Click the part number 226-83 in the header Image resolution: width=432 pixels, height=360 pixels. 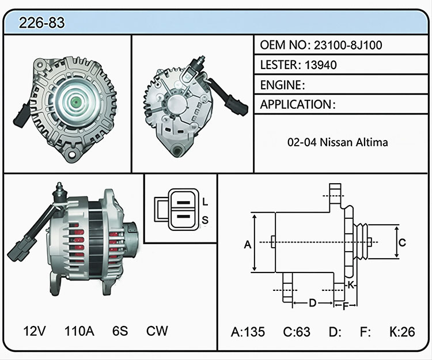42,22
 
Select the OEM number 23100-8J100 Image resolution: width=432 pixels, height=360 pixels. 348,45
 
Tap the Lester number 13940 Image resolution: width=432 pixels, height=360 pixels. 321,65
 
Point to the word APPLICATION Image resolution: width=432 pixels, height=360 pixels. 295,104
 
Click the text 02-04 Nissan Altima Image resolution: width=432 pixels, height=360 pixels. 338,142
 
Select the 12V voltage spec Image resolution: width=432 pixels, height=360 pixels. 35,331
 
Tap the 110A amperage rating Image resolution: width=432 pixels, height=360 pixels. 79,331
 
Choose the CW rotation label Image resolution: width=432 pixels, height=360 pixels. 157,331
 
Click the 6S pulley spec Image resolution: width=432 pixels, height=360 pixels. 120,331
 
